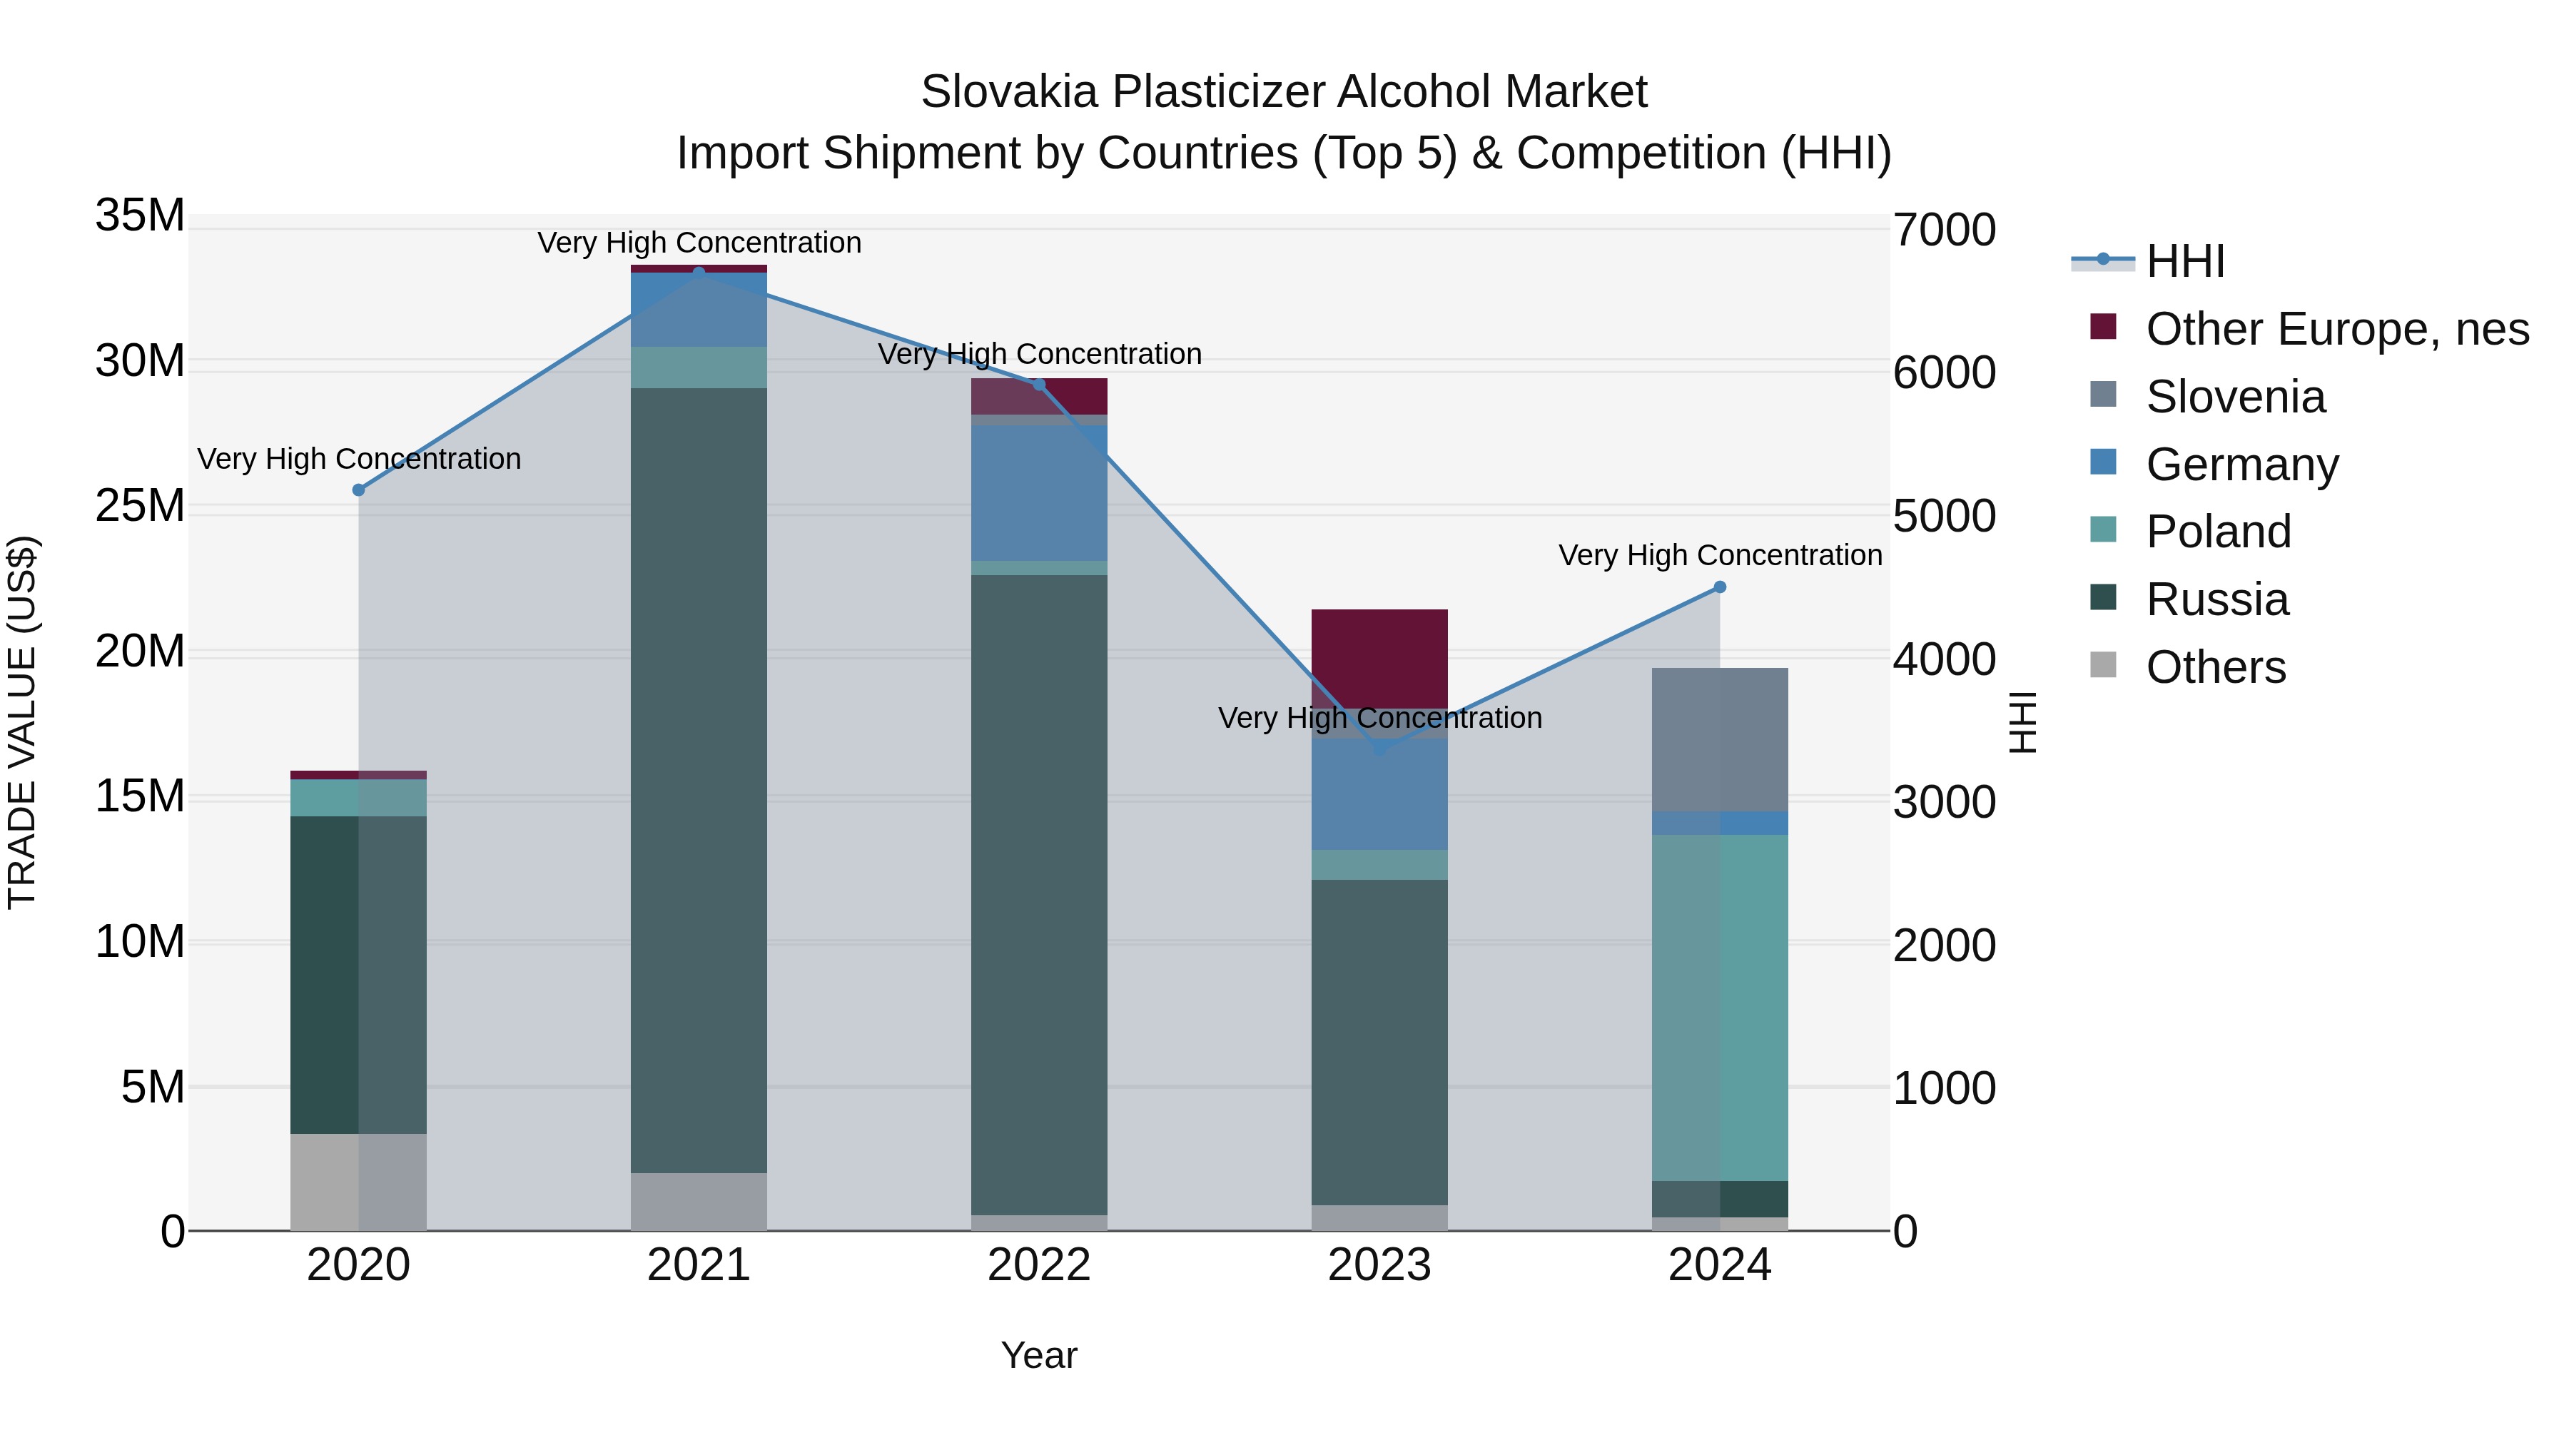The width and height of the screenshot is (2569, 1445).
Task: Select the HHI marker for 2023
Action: click(x=1380, y=748)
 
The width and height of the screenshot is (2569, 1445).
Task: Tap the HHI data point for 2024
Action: click(x=1719, y=587)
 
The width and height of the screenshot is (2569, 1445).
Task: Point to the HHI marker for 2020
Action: click(x=359, y=490)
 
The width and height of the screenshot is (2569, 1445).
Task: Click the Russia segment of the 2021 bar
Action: click(x=699, y=778)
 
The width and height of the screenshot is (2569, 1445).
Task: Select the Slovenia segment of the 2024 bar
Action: click(x=1719, y=740)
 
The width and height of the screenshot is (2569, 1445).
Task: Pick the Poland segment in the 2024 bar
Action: click(x=1719, y=1007)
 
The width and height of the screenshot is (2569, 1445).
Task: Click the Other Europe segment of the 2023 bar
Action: click(x=1379, y=658)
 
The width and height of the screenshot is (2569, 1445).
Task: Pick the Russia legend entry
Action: click(x=2216, y=599)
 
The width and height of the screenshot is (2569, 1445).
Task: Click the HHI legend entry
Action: click(x=2184, y=261)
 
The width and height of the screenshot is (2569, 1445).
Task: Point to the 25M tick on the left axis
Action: click(x=140, y=506)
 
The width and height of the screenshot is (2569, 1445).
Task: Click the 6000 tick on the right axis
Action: click(x=1944, y=373)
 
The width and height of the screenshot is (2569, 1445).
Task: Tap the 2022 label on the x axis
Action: click(x=1039, y=1265)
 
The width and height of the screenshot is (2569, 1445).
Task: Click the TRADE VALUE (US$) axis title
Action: click(x=22, y=722)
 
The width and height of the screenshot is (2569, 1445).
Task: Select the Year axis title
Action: click(x=1039, y=1355)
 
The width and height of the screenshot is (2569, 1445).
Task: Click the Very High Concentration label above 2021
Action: click(x=699, y=243)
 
